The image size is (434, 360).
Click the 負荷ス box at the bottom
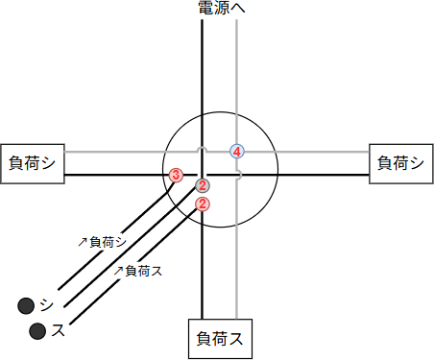click(219, 338)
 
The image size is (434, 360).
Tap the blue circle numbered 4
click(237, 151)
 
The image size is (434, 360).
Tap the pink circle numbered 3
click(176, 175)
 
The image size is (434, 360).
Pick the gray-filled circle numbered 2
click(203, 185)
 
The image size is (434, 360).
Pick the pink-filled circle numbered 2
click(203, 204)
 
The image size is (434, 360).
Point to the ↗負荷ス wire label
click(138, 271)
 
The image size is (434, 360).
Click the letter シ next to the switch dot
click(47, 305)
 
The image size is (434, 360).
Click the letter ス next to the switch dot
click(59, 331)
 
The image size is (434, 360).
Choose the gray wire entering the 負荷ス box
click(236, 288)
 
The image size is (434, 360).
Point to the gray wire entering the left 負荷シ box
click(106, 152)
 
